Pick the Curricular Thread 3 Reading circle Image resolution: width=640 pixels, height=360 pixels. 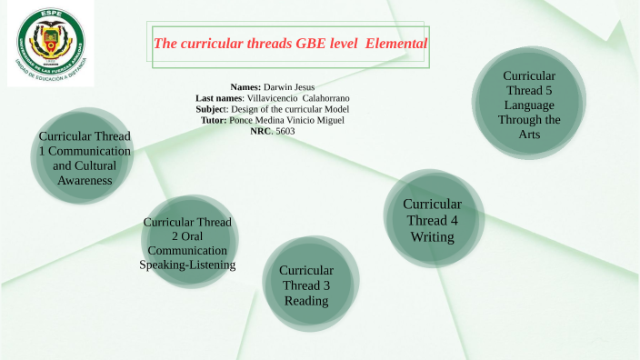pyautogui.click(x=306, y=285)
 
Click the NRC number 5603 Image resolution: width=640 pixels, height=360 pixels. pyautogui.click(x=286, y=131)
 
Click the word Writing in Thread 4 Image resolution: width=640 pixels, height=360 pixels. pyautogui.click(x=432, y=236)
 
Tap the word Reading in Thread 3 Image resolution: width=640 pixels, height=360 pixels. pyautogui.click(x=306, y=301)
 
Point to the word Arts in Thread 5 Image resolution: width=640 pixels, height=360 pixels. pyautogui.click(x=529, y=134)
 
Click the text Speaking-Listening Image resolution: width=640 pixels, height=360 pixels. pyautogui.click(x=188, y=265)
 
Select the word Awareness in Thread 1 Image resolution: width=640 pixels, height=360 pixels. pyautogui.click(x=84, y=180)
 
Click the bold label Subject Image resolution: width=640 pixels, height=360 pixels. pyautogui.click(x=217, y=109)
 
